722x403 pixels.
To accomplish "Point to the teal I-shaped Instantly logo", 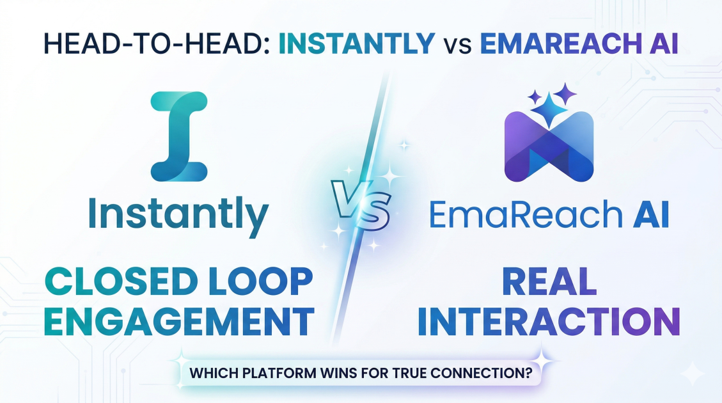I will point(179,135).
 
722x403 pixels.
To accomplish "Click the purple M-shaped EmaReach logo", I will point(549,146).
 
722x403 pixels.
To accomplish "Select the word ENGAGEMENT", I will point(179,322).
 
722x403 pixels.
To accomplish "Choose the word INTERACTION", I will point(548,322).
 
